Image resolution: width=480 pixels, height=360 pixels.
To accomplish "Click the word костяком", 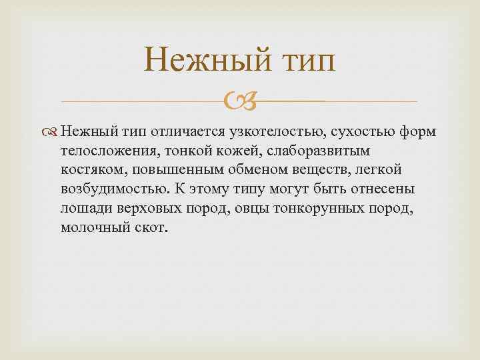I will pos(90,169).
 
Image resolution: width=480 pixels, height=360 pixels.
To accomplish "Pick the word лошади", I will pos(82,207).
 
